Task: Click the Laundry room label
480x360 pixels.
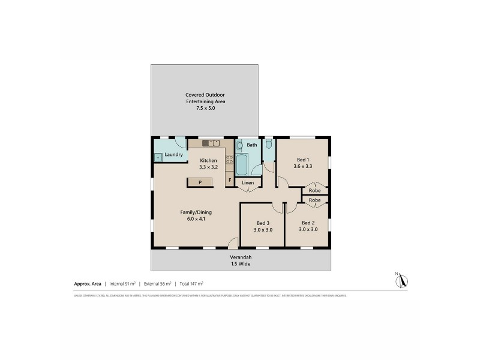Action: [x=173, y=155]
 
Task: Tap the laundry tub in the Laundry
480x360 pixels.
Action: [x=158, y=158]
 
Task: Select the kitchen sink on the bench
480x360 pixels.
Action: [x=211, y=143]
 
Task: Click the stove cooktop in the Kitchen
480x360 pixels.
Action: [x=229, y=160]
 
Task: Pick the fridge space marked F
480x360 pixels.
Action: [x=229, y=179]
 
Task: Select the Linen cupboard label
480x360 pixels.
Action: [x=248, y=182]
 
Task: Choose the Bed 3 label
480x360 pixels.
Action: [x=262, y=223]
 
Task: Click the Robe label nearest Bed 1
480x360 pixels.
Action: [x=314, y=190]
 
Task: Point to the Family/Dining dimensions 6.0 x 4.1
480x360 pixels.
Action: [x=196, y=219]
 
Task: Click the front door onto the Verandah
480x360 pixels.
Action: [x=233, y=243]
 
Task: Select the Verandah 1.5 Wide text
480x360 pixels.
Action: [x=240, y=263]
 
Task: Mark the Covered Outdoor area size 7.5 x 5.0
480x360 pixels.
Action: [x=205, y=108]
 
